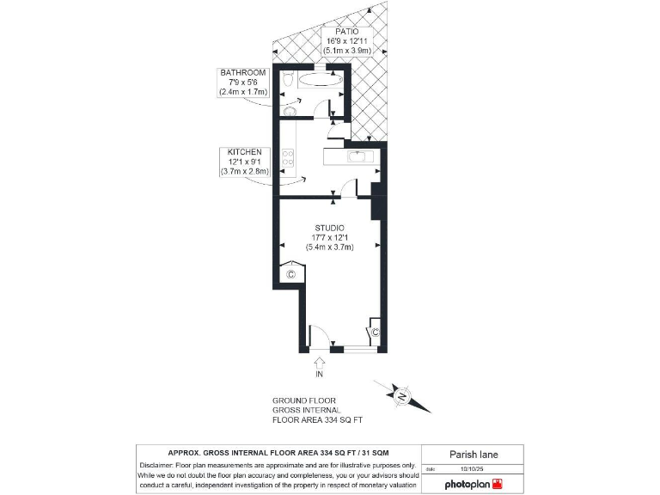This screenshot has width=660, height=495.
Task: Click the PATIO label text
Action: pyautogui.click(x=336, y=32)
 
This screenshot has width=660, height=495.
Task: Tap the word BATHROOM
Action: pyautogui.click(x=241, y=72)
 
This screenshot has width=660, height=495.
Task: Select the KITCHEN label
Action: pyautogui.click(x=244, y=152)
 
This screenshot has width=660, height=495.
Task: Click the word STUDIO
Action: pyautogui.click(x=329, y=228)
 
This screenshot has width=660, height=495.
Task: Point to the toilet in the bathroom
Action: pyautogui.click(x=289, y=81)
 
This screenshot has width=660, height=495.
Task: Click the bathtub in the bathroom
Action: pyautogui.click(x=320, y=81)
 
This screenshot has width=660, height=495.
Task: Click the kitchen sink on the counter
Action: pyautogui.click(x=356, y=156)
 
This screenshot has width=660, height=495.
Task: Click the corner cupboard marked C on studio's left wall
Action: pyautogui.click(x=290, y=273)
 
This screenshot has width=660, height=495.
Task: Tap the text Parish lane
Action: pyautogui.click(x=474, y=455)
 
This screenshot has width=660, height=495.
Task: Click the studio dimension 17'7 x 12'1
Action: pyautogui.click(x=329, y=237)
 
